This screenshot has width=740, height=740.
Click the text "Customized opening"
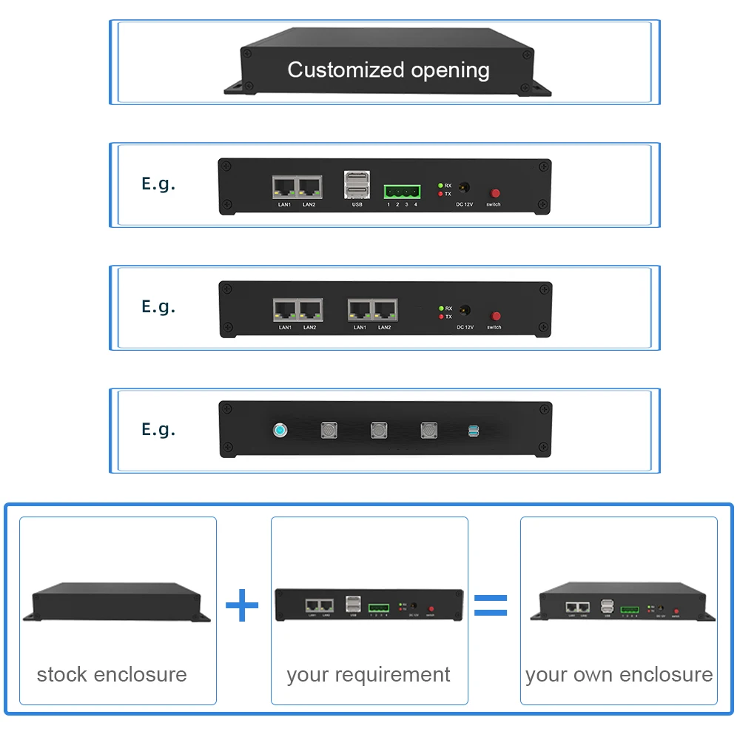(388, 70)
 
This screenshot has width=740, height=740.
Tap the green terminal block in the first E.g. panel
(402, 191)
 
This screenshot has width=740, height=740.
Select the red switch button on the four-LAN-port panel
(496, 316)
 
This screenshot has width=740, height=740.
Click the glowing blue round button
(280, 430)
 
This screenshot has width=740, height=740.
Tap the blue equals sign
(491, 605)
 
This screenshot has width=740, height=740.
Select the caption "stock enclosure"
(112, 675)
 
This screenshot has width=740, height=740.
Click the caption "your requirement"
(369, 675)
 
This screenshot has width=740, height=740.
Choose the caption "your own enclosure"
(619, 675)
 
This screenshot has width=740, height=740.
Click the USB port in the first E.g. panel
(357, 186)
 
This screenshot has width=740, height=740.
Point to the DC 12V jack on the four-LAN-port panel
(465, 312)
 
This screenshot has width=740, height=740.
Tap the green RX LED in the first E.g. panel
(440, 185)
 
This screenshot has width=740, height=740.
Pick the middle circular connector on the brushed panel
(379, 429)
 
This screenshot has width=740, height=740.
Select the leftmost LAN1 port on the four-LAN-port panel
(285, 309)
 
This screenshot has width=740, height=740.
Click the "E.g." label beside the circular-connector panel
(158, 430)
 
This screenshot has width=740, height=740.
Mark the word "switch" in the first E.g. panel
(494, 204)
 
